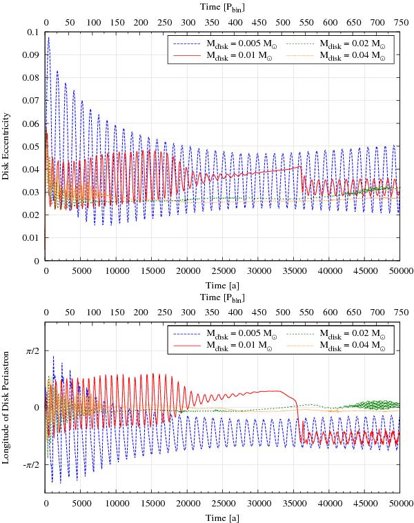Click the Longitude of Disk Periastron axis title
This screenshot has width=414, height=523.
pyautogui.click(x=6, y=406)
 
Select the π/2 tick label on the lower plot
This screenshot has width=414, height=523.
pyautogui.click(x=31, y=351)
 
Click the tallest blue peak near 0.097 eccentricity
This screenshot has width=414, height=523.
pyautogui.click(x=48, y=38)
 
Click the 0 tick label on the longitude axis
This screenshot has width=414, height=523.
pyautogui.click(x=37, y=407)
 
